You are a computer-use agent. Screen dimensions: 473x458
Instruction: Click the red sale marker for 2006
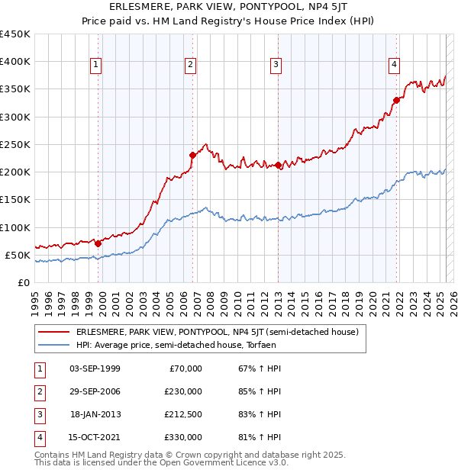[192, 155]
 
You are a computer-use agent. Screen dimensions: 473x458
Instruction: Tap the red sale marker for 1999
[98, 243]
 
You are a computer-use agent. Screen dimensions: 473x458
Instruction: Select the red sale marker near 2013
[279, 165]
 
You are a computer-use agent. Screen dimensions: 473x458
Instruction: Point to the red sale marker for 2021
[397, 100]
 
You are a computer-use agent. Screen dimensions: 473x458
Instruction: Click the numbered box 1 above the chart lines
[96, 66]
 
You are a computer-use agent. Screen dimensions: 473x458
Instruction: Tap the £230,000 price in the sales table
[183, 391]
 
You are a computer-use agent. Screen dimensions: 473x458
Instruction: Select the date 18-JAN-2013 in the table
[95, 414]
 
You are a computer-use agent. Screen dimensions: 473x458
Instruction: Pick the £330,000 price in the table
[183, 437]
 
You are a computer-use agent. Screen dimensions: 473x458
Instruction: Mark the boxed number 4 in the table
[37, 437]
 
